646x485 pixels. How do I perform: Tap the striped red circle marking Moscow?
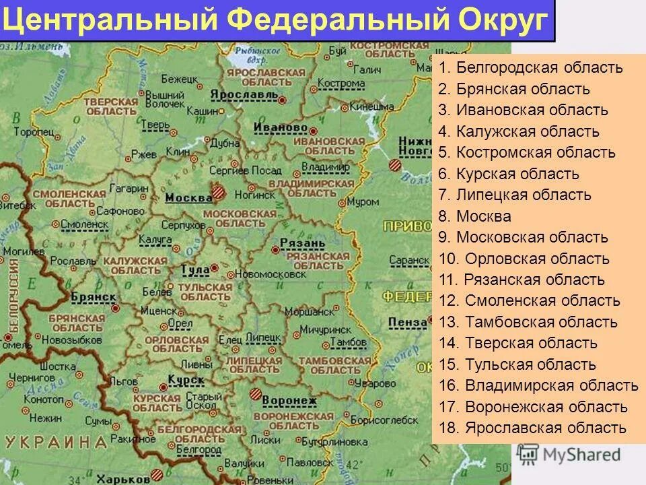tap(219, 192)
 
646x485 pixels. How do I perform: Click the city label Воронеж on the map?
tap(289, 401)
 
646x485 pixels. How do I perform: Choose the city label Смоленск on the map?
tap(83, 222)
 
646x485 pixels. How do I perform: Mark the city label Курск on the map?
tap(186, 381)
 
